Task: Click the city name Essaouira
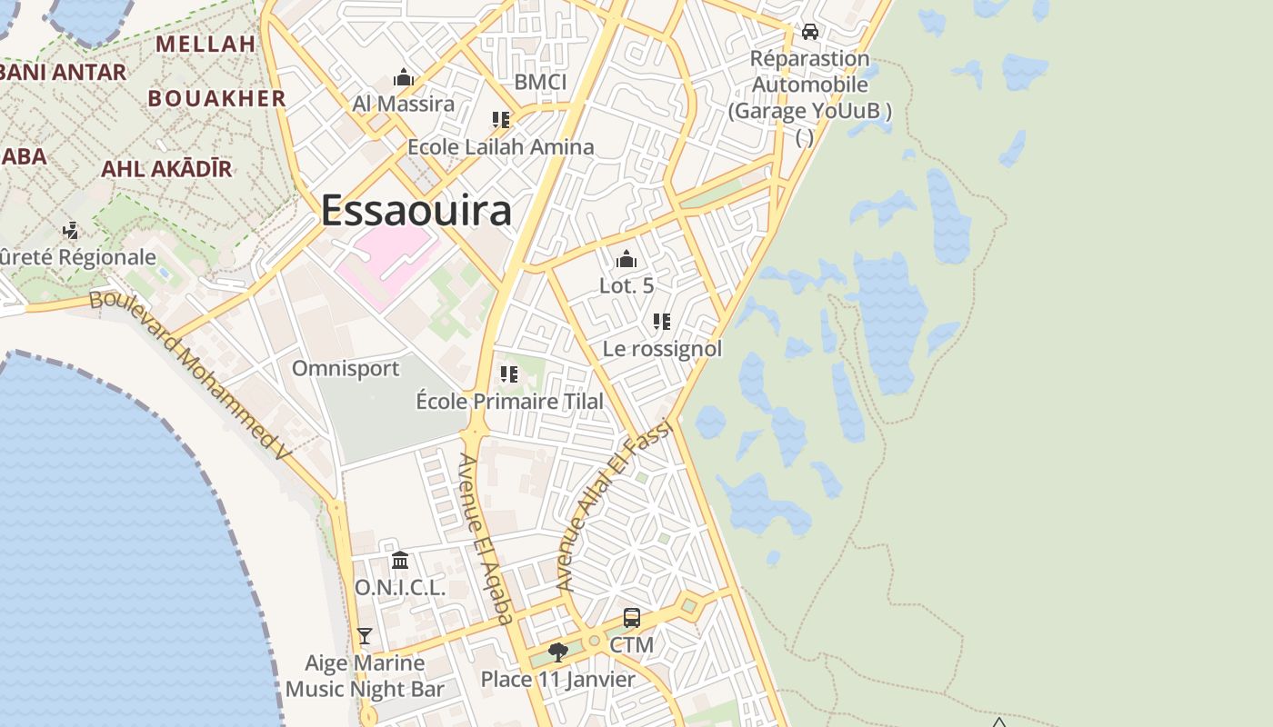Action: tap(416, 211)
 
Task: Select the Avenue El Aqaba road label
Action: tap(486, 540)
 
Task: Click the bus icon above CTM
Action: tap(631, 618)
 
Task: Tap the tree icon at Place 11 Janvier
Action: tap(558, 652)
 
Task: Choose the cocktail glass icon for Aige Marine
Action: tap(365, 636)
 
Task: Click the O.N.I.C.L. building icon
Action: tap(400, 560)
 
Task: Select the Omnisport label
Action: tap(346, 369)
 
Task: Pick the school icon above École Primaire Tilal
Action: tap(509, 373)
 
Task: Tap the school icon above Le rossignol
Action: tap(662, 321)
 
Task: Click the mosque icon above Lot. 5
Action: tap(626, 260)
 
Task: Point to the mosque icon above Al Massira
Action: tap(404, 78)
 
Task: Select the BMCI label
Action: tap(540, 83)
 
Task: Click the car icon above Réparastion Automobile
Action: tap(809, 32)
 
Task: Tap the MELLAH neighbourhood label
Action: tap(205, 44)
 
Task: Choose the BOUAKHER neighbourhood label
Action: tap(217, 98)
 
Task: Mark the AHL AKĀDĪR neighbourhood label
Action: tap(166, 168)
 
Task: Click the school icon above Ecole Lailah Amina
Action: tap(500, 119)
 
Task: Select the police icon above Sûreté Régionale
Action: tap(71, 230)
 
